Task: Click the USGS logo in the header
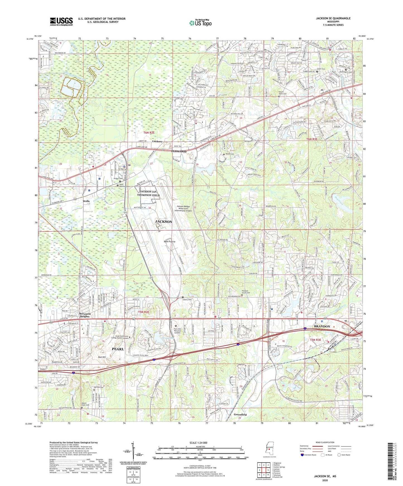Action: point(61,21)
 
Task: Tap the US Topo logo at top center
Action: point(200,23)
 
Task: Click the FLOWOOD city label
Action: point(179,151)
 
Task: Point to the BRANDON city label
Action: point(322,326)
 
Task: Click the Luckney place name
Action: point(157,141)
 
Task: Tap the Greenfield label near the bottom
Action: point(240,414)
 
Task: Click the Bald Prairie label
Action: point(170,242)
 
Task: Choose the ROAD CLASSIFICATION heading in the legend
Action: point(325,442)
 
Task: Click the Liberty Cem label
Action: point(187,300)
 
